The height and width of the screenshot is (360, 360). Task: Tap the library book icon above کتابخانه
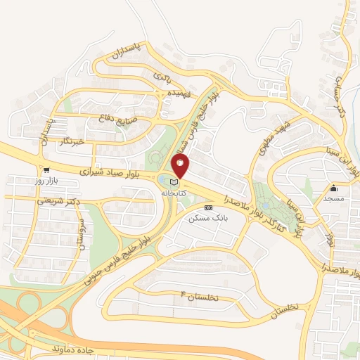pos(172,181)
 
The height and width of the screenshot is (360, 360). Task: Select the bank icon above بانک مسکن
pos(207,208)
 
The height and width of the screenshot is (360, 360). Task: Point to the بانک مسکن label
pos(205,219)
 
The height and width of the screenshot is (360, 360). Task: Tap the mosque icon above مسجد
pos(333,188)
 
